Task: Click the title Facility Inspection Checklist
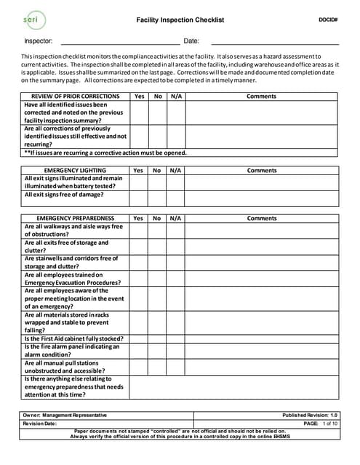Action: tap(180, 20)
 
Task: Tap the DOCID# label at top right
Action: tap(328, 19)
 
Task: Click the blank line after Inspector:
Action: tap(120, 41)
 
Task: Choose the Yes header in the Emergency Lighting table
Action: tap(138, 171)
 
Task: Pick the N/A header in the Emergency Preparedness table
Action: tap(176, 218)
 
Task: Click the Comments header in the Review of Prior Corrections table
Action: tap(262, 97)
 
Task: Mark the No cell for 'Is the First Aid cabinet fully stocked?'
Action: tap(158, 339)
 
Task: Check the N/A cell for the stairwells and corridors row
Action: tap(176, 262)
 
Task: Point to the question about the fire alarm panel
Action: tap(71, 351)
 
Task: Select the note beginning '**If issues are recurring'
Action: tap(105, 153)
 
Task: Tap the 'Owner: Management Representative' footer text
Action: tap(65, 414)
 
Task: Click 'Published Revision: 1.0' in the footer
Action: tap(311, 414)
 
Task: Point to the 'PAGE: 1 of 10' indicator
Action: tap(321, 423)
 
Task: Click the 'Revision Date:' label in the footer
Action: tap(39, 423)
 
